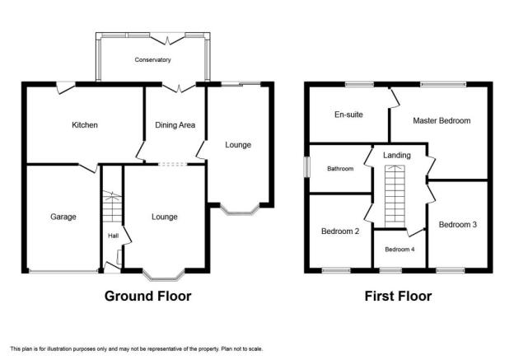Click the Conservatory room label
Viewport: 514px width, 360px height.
152,60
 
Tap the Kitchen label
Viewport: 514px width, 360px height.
85,125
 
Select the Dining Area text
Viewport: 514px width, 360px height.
175,125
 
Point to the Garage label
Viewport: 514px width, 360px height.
63,217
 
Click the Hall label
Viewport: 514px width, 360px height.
114,236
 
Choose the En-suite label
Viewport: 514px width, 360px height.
348,115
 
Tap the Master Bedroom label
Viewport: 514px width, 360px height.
442,120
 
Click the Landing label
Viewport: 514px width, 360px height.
397,155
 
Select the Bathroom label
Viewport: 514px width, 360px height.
340,169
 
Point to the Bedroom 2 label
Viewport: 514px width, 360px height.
340,231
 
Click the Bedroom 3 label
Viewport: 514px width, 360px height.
458,225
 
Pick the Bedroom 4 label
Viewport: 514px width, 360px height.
400,249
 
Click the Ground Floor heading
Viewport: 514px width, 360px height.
147,296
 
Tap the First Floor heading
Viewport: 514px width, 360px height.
398,296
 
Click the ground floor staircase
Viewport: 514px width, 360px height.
112,207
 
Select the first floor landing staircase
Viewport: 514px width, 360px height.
395,196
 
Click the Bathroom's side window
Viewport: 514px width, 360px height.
307,167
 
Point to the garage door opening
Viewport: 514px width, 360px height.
63,271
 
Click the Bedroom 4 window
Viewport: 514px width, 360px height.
390,270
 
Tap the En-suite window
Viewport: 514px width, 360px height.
360,84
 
